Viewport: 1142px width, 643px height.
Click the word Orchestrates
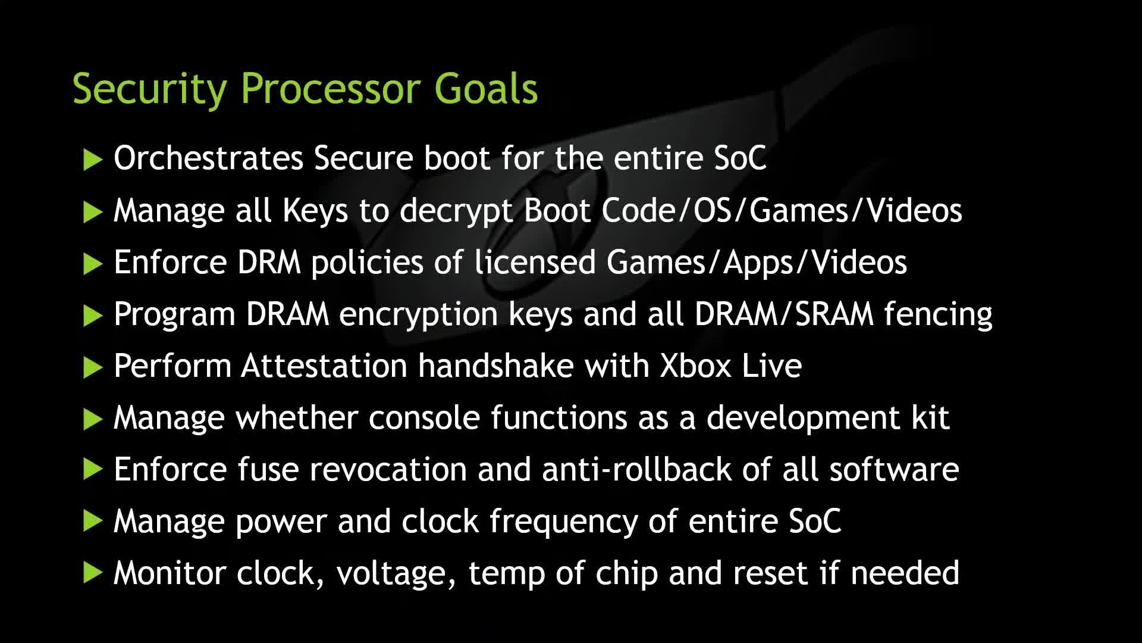[209, 158]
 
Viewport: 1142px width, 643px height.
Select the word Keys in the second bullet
[315, 210]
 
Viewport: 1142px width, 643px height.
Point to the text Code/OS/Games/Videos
[782, 210]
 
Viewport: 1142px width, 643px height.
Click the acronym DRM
[269, 262]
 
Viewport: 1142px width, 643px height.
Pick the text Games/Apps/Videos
[757, 263]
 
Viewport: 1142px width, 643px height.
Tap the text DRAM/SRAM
[784, 314]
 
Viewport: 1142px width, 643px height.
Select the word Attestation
[324, 366]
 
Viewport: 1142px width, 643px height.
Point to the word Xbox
[695, 366]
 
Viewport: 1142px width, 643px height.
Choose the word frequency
[563, 522]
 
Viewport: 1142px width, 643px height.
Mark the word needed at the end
[905, 573]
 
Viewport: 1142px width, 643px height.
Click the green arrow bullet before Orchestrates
[93, 160]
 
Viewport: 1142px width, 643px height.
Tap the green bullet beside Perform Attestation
[93, 367]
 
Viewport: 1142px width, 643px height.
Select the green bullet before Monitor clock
[93, 573]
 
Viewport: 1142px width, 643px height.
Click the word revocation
[388, 469]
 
